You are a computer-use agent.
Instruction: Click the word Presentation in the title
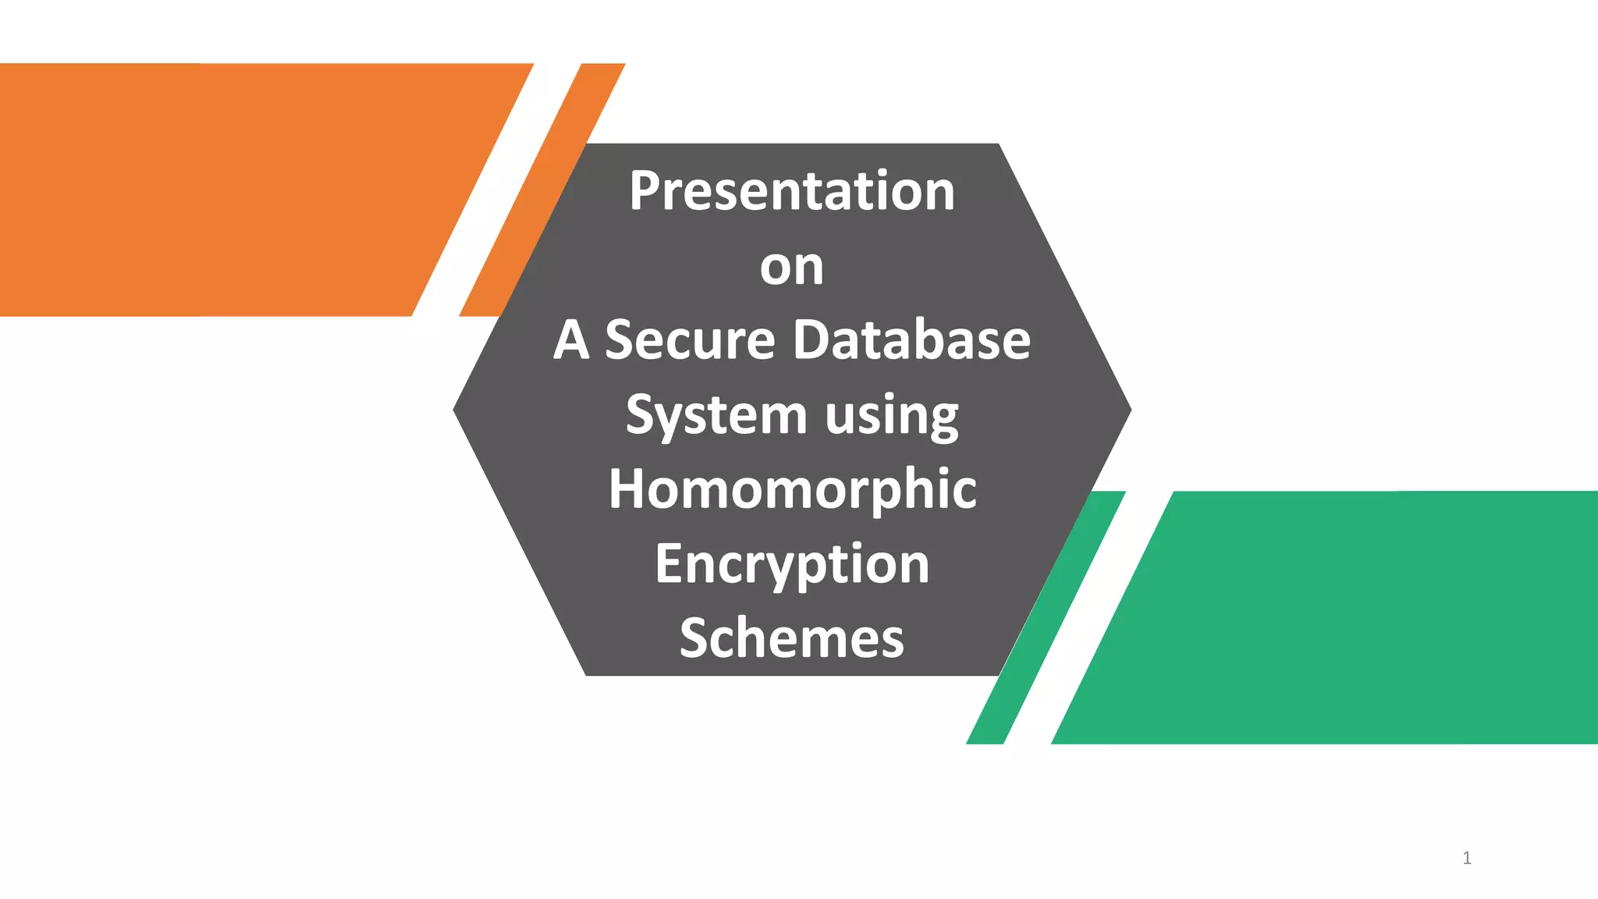click(x=791, y=191)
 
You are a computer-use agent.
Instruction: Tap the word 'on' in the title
click(x=791, y=267)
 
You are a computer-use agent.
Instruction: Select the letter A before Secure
click(x=570, y=340)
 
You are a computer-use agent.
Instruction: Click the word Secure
click(x=690, y=340)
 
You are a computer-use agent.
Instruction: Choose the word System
click(x=716, y=415)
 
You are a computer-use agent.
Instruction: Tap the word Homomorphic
click(x=792, y=490)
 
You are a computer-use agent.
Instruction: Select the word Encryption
click(x=792, y=564)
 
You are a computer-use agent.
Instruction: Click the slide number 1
click(x=1467, y=858)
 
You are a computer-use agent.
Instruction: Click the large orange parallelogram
click(x=234, y=190)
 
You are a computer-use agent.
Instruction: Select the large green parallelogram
click(x=1342, y=617)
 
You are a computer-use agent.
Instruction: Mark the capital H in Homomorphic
click(x=627, y=489)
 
